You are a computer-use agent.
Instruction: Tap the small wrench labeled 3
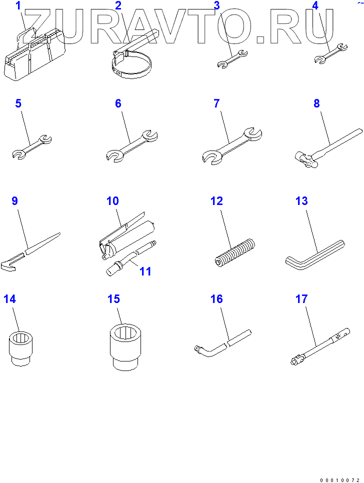click(x=232, y=58)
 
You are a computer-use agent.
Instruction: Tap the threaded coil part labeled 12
click(x=234, y=252)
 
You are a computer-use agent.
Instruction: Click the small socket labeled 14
click(x=20, y=348)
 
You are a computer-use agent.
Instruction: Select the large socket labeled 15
click(x=126, y=346)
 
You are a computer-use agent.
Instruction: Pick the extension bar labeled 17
click(x=320, y=346)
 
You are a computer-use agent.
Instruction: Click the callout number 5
click(x=18, y=103)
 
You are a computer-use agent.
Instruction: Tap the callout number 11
click(x=145, y=271)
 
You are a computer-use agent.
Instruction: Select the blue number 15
click(x=113, y=299)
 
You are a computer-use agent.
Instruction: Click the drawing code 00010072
click(x=339, y=480)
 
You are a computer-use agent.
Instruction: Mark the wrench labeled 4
click(x=330, y=53)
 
